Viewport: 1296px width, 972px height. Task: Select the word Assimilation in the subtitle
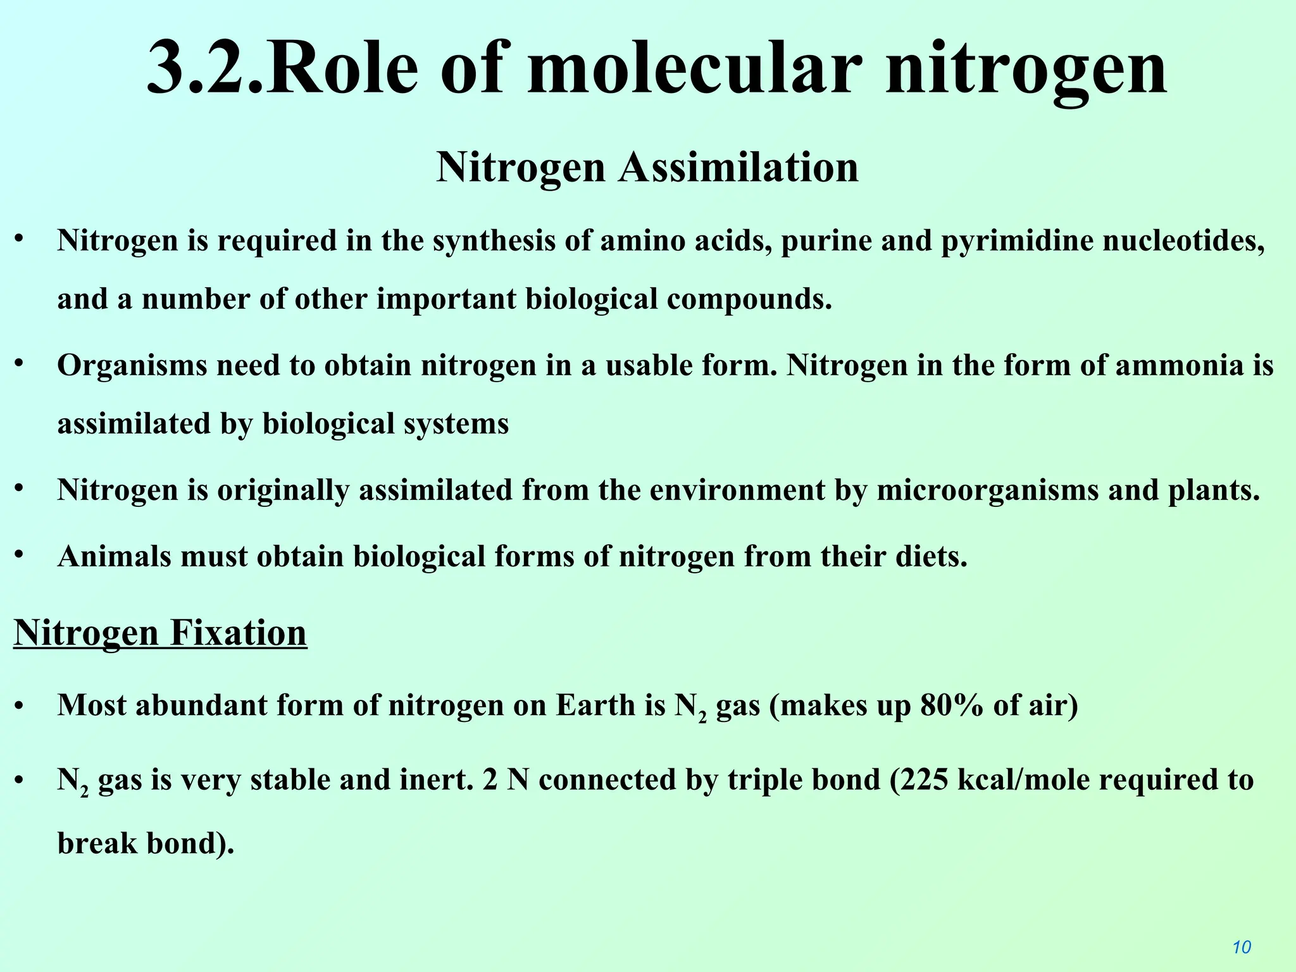(738, 168)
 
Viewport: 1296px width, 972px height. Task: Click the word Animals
(114, 556)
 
